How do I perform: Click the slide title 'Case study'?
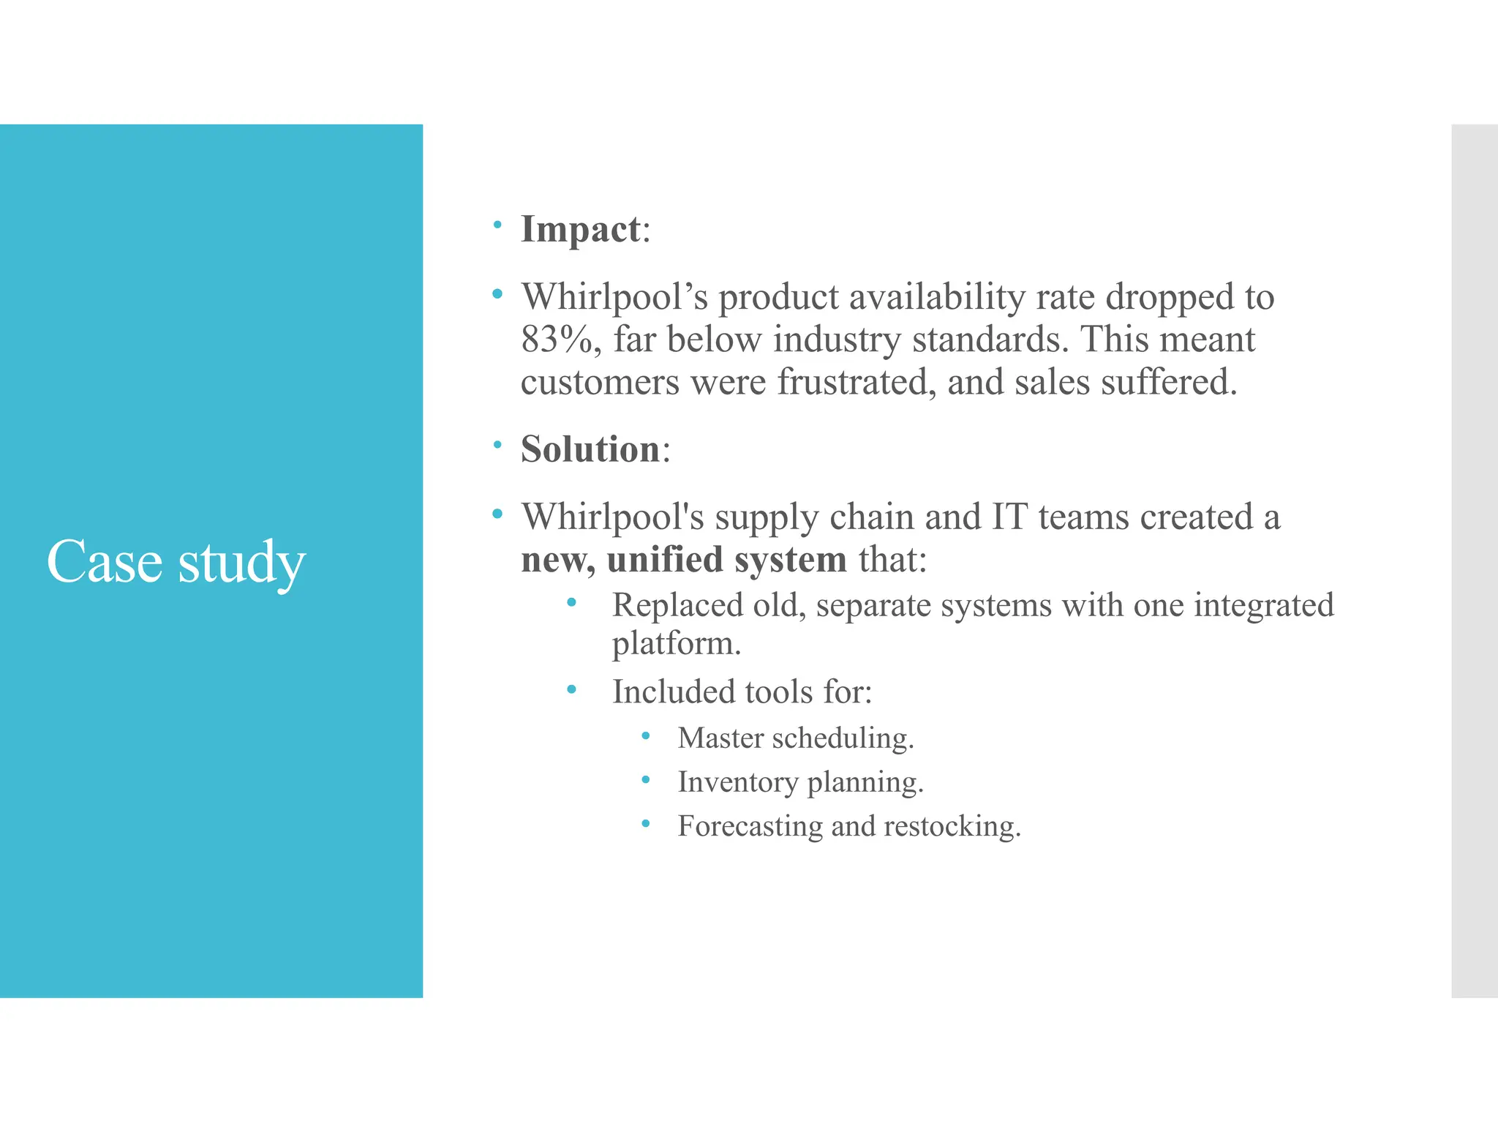(x=176, y=562)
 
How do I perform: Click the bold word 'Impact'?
(x=581, y=229)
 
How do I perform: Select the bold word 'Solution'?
(x=590, y=449)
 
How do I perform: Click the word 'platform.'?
(x=677, y=644)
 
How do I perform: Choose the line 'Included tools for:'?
(x=742, y=692)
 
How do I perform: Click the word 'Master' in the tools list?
(x=720, y=738)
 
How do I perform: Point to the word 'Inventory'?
(x=737, y=782)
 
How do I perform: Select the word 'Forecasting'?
(x=750, y=826)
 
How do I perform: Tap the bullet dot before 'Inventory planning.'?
(x=645, y=780)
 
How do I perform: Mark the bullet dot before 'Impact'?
(x=497, y=225)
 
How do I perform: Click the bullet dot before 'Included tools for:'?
(x=571, y=689)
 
